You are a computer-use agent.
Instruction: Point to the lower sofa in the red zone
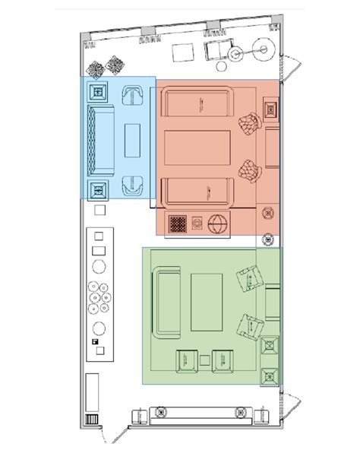(198, 191)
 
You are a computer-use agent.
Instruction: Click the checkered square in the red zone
(178, 224)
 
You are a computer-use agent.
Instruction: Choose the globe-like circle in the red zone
(219, 225)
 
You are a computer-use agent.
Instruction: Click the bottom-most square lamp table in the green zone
(270, 375)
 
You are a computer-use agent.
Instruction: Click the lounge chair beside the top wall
(216, 51)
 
